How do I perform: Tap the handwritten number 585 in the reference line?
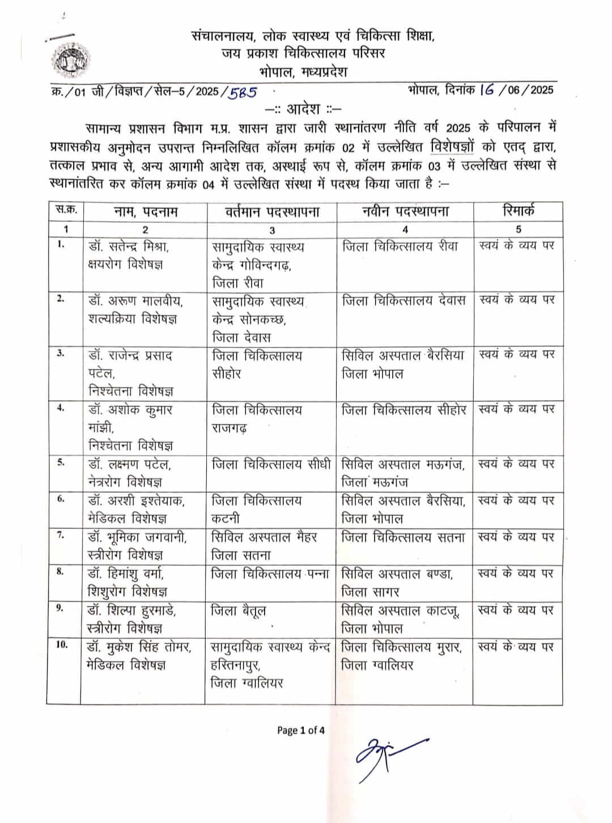[242, 91]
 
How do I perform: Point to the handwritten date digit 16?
[486, 90]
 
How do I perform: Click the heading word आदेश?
[303, 108]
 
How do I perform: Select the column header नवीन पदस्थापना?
[405, 211]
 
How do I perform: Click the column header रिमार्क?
[518, 211]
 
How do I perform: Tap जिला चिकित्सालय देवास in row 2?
[404, 301]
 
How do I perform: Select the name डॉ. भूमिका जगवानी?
[138, 537]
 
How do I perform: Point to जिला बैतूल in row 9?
[238, 610]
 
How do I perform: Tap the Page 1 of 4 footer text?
[301, 730]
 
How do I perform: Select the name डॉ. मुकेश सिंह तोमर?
[139, 647]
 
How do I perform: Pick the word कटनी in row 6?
[226, 519]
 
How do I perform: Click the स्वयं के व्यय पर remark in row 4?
[516, 409]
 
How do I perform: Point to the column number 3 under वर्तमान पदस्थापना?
[272, 230]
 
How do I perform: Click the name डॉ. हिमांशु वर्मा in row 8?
[126, 574]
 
